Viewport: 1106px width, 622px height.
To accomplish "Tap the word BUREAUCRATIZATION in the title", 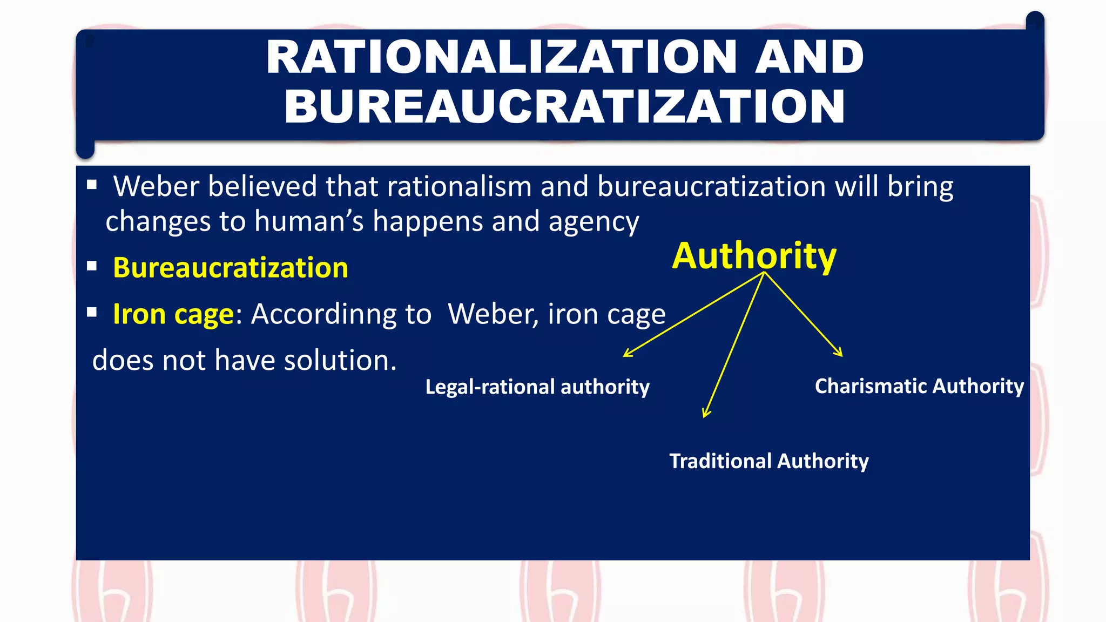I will [565, 106].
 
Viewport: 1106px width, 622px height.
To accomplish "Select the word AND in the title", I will [809, 57].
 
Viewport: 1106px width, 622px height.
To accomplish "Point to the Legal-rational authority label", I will [537, 387].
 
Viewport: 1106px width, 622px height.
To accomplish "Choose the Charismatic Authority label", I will [919, 387].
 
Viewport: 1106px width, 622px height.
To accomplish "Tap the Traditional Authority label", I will [769, 461].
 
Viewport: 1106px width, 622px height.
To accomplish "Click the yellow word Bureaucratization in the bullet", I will [231, 268].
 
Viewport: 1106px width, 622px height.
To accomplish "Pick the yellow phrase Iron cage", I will [173, 314].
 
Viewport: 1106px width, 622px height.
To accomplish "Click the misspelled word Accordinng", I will [341, 314].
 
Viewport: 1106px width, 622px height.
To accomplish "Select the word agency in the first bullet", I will [594, 222].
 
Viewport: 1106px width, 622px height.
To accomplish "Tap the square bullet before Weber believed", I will [92, 185].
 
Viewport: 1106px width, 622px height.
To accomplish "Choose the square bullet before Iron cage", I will [92, 312].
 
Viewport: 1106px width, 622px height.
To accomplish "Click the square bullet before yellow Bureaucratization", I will [92, 266].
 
